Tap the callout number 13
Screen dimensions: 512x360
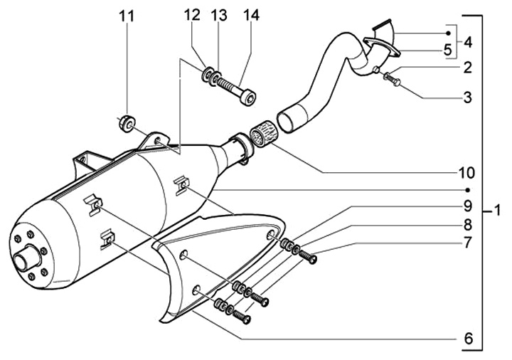(220, 15)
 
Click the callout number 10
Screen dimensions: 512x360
(466, 171)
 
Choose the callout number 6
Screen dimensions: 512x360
(467, 339)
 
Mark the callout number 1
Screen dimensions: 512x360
(498, 211)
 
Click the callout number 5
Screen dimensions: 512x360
(447, 51)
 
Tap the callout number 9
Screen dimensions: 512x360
(467, 206)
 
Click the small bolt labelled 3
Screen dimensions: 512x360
(393, 78)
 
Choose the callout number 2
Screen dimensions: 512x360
(467, 68)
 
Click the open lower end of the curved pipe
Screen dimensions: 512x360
(289, 119)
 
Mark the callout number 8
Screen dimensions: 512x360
(467, 225)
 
